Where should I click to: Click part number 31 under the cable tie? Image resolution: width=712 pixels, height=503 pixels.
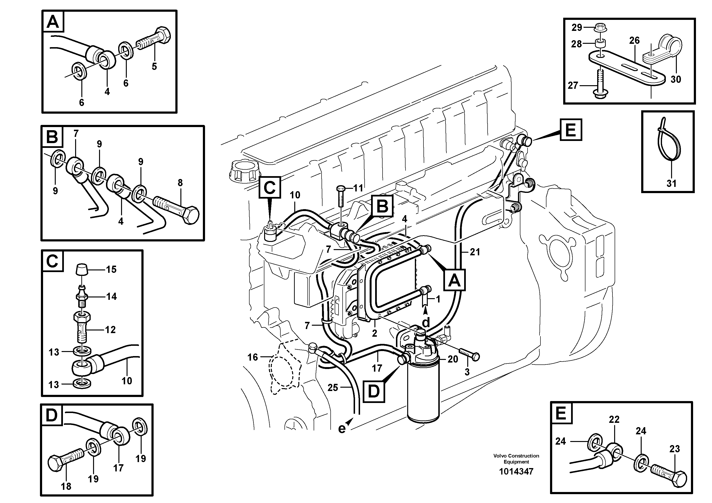[671, 183]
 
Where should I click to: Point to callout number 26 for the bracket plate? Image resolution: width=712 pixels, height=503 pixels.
[634, 40]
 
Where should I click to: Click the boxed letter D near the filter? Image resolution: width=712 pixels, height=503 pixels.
[374, 392]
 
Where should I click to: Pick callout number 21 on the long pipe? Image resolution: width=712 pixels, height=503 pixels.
[474, 252]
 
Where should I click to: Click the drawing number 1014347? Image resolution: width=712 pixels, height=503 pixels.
[516, 472]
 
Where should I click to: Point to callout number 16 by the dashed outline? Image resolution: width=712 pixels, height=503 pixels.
[252, 357]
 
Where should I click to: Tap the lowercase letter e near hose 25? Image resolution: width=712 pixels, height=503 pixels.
[341, 429]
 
